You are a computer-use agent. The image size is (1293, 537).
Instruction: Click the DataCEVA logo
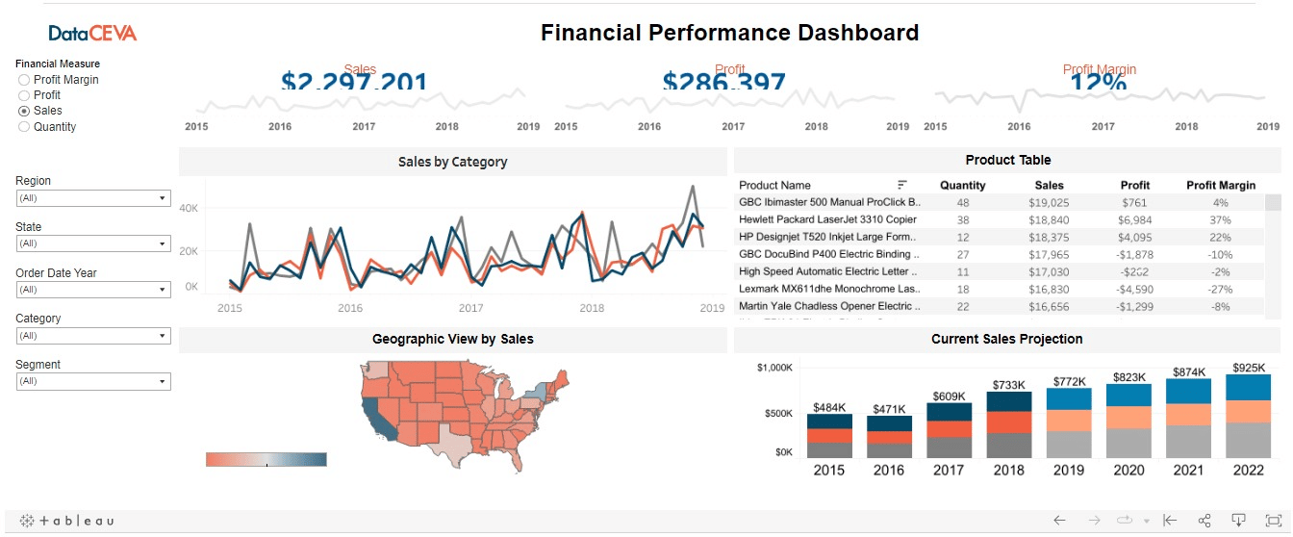click(92, 34)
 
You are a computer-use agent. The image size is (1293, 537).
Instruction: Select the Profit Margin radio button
click(24, 80)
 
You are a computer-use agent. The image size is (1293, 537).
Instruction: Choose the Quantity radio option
click(24, 127)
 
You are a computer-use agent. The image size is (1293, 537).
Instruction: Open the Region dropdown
click(93, 198)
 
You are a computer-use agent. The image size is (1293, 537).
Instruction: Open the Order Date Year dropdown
click(93, 290)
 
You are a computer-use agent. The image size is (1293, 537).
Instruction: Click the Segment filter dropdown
click(93, 382)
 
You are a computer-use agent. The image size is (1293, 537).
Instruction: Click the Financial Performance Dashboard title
click(729, 33)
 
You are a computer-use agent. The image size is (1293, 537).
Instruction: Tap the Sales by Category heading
click(452, 162)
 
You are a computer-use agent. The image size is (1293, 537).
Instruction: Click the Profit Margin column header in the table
click(1220, 185)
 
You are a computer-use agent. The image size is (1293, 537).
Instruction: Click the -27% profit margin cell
click(1220, 289)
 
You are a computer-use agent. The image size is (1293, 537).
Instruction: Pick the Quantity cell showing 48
click(962, 202)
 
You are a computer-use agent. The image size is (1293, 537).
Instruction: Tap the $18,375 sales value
click(1049, 237)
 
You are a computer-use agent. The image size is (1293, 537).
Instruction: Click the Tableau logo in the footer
click(67, 521)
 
